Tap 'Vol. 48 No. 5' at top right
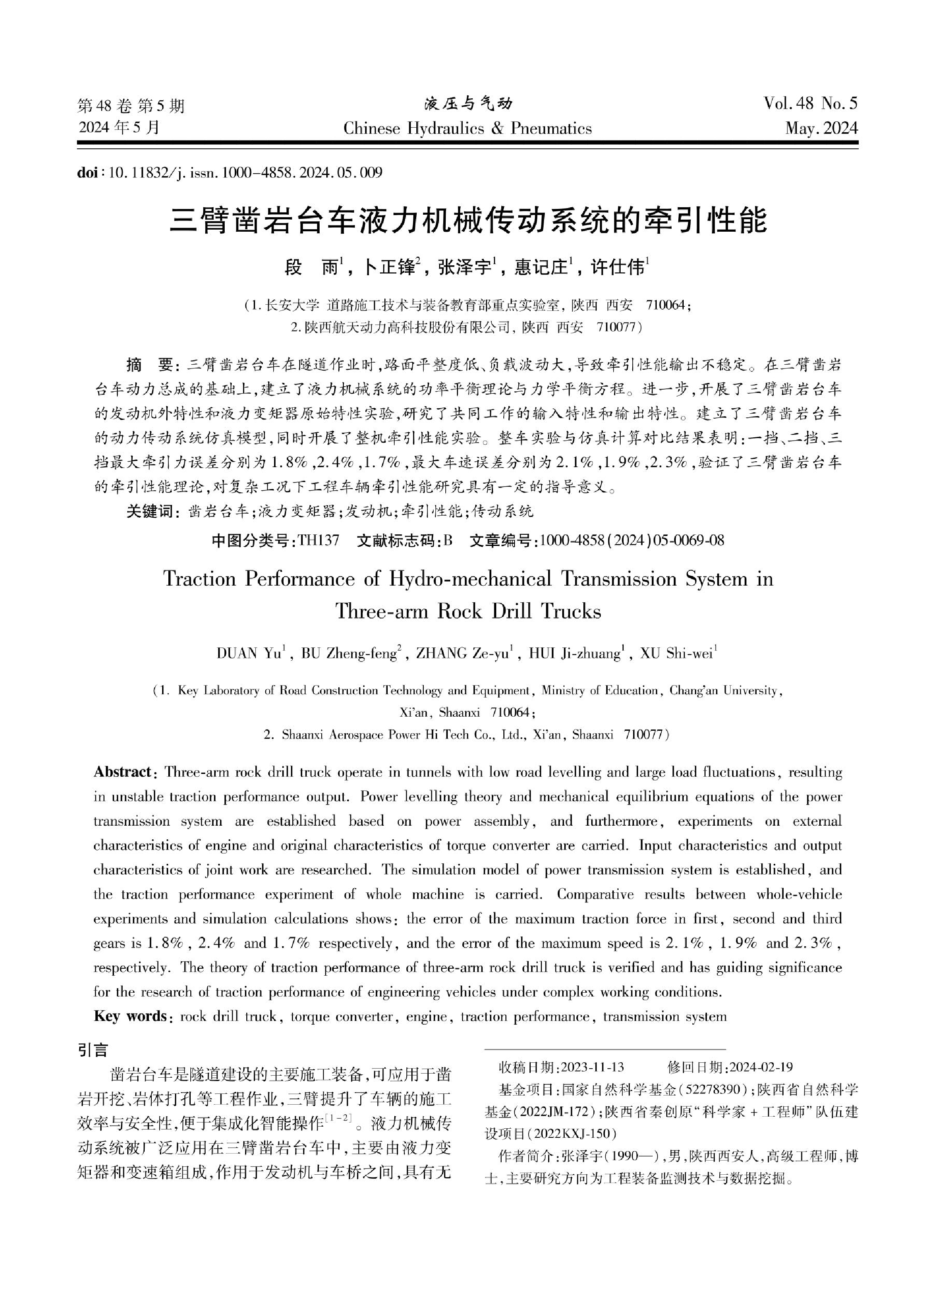coord(811,104)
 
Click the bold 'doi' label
coord(87,172)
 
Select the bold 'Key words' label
coord(129,1016)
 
